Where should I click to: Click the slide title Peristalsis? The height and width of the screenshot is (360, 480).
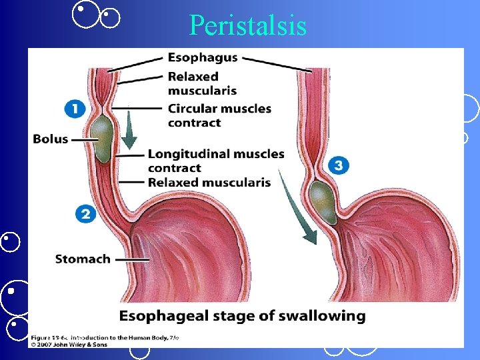pyautogui.click(x=247, y=25)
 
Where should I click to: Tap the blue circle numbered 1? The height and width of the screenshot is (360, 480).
pyautogui.click(x=75, y=109)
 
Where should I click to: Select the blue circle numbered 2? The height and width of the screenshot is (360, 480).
pyautogui.click(x=85, y=213)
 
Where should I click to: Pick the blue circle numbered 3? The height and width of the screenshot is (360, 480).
pyautogui.click(x=339, y=165)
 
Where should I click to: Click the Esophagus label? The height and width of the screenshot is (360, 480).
pyautogui.click(x=203, y=58)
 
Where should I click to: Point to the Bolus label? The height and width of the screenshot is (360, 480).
pyautogui.click(x=51, y=139)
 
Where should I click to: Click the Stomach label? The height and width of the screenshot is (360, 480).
pyautogui.click(x=82, y=259)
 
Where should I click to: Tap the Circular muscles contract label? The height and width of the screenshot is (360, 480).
pyautogui.click(x=219, y=115)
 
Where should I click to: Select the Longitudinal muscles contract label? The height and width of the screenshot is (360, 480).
pyautogui.click(x=215, y=161)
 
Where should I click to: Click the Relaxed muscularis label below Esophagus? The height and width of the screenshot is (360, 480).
pyautogui.click(x=202, y=83)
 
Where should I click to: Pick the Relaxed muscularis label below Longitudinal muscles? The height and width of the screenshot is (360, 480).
pyautogui.click(x=209, y=182)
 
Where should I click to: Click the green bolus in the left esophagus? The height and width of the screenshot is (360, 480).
pyautogui.click(x=103, y=139)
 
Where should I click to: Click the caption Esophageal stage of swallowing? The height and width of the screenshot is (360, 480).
pyautogui.click(x=242, y=315)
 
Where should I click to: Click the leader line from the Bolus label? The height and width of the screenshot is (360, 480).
pyautogui.click(x=83, y=139)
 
